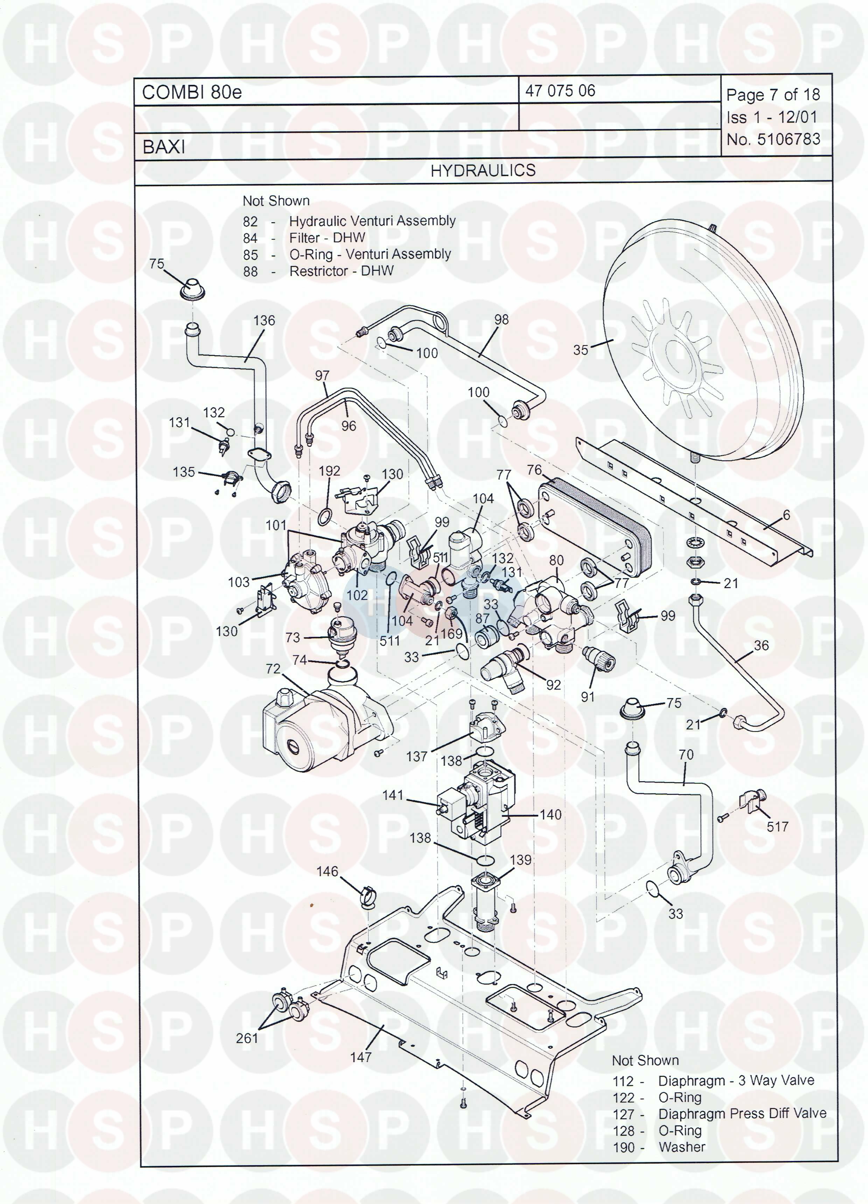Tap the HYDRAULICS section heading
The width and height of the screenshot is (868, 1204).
483,170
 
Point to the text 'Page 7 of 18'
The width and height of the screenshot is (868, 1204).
773,95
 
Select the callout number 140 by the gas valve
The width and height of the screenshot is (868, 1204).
551,814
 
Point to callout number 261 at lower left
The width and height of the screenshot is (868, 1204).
247,1038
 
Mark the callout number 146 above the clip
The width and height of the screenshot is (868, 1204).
327,871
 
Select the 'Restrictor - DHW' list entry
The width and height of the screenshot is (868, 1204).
341,271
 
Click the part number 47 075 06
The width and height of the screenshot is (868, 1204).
560,91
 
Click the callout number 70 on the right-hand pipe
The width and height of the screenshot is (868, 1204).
686,754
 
